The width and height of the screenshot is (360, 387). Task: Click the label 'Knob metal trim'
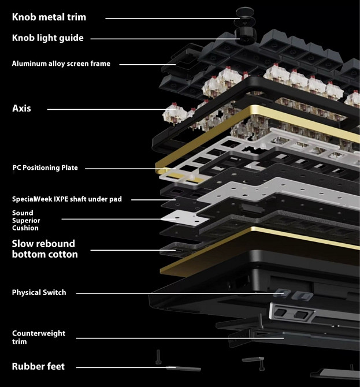(x=49, y=17)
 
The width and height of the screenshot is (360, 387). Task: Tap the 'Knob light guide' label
(x=48, y=38)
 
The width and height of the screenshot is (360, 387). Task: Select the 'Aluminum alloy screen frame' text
(x=61, y=64)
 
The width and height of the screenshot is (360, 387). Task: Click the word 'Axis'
(x=22, y=108)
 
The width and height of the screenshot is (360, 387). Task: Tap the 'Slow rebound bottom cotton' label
(x=44, y=248)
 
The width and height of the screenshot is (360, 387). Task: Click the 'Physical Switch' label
(x=39, y=293)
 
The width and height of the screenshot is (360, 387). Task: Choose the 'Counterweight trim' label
(x=39, y=337)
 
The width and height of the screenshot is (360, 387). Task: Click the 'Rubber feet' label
(x=38, y=366)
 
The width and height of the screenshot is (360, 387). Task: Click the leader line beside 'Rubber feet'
(x=121, y=367)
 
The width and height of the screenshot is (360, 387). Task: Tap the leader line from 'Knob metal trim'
(x=168, y=18)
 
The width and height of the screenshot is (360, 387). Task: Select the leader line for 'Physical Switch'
(x=173, y=293)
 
